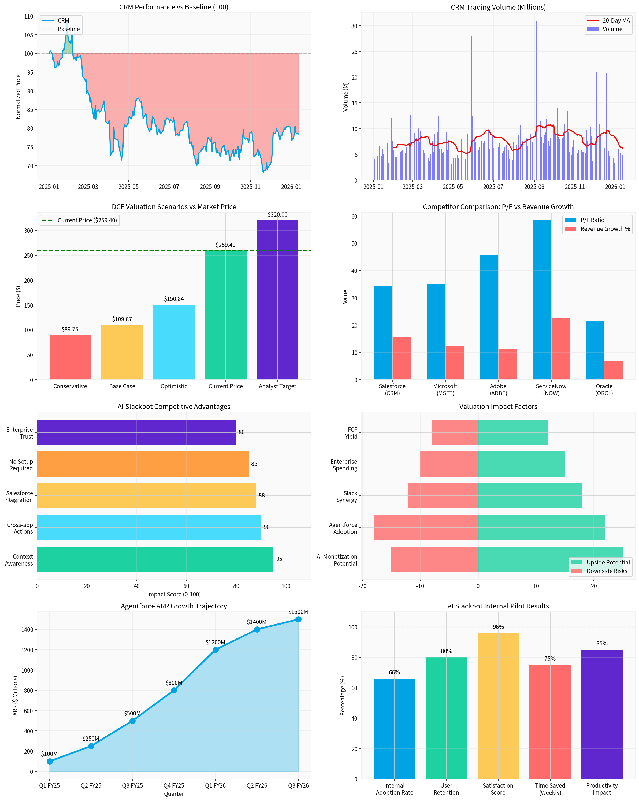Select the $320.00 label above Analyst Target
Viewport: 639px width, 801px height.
[277, 215]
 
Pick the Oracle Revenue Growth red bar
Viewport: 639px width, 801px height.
[613, 370]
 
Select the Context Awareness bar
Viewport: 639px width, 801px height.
[155, 559]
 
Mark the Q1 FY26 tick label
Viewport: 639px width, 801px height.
[215, 786]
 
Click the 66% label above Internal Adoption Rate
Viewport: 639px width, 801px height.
[394, 673]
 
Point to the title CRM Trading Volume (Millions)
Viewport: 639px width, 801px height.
[498, 7]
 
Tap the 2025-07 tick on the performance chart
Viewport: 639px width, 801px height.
[169, 186]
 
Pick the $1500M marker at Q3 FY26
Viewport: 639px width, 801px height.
[298, 619]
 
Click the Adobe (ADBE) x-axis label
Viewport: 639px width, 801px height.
[498, 390]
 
